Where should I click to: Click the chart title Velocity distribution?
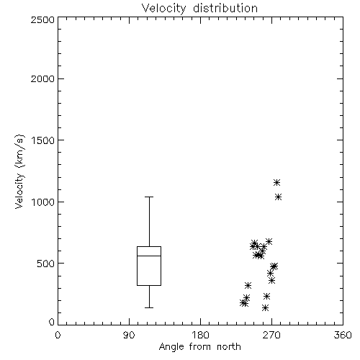(x=199, y=8)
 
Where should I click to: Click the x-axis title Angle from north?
(x=199, y=347)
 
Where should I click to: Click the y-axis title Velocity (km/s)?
(x=19, y=171)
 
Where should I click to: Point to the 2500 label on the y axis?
(x=42, y=19)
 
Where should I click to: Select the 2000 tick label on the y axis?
(x=42, y=78)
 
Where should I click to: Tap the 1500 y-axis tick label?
(x=43, y=140)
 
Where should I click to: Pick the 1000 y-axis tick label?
(x=43, y=202)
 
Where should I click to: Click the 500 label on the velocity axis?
(x=46, y=264)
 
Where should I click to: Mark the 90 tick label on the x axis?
(x=129, y=335)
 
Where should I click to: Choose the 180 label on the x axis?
(x=200, y=335)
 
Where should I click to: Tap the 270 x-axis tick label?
(x=271, y=335)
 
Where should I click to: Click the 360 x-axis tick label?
(x=343, y=335)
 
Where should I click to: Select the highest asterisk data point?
(x=276, y=183)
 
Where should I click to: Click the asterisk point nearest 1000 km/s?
(x=278, y=197)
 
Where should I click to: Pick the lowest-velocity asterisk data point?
(x=265, y=307)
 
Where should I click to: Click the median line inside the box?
(x=149, y=256)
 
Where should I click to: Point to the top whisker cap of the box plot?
(x=149, y=197)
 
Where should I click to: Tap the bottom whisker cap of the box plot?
(x=149, y=307)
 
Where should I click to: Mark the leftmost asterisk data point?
(x=243, y=303)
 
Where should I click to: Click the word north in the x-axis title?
(x=229, y=346)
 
